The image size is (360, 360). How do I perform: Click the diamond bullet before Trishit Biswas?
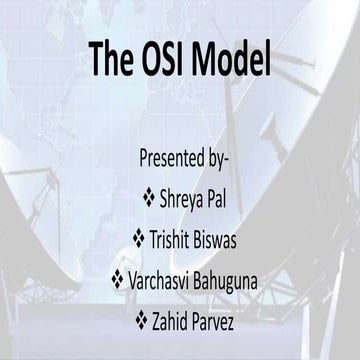pos(138,239)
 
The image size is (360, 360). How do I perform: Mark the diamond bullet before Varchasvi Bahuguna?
pos(117,280)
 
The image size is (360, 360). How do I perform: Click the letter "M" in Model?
pos(206,59)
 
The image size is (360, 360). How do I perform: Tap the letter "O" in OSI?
pos(148,59)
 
